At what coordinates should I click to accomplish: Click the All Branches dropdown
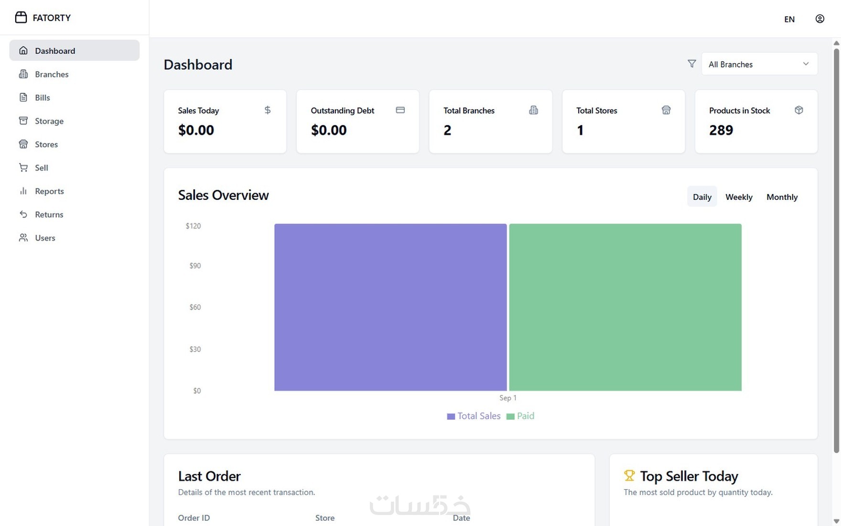click(759, 64)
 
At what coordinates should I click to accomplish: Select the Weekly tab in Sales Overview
click(739, 197)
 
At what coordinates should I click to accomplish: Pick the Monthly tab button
click(782, 197)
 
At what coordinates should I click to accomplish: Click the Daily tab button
click(702, 197)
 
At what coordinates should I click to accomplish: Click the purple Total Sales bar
click(390, 307)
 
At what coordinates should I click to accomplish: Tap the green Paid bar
click(625, 307)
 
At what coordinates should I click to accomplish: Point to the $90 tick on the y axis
click(195, 266)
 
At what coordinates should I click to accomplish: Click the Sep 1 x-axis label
click(508, 398)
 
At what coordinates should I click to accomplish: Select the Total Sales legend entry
click(474, 416)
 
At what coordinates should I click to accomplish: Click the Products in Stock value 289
click(721, 130)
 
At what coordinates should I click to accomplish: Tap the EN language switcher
click(789, 19)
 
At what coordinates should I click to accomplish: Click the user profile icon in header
click(819, 19)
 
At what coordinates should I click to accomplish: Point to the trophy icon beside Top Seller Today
click(629, 475)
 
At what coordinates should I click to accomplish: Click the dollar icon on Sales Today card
click(268, 110)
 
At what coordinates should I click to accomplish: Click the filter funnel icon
click(691, 64)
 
